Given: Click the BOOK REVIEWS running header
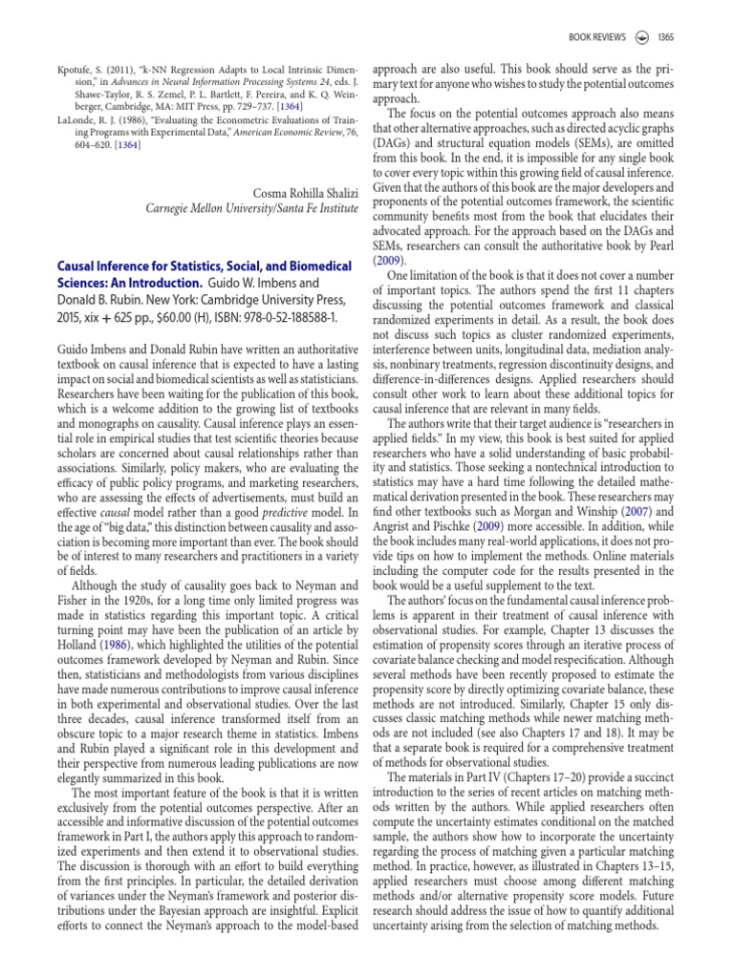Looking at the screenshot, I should pyautogui.click(x=597, y=37).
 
